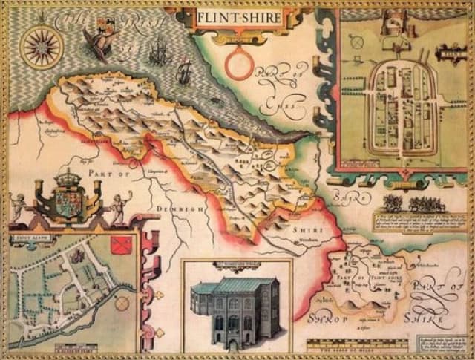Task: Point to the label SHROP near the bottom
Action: [328, 319]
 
